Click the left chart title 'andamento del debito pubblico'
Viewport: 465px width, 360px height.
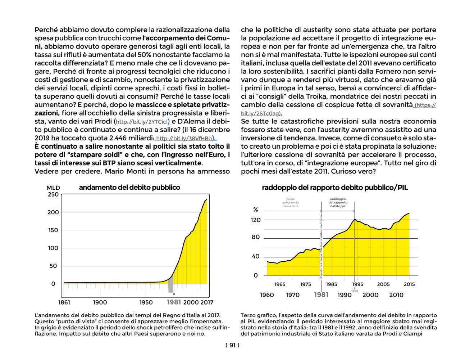click(x=129, y=188)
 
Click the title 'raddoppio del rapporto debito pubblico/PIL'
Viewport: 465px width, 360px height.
click(x=335, y=188)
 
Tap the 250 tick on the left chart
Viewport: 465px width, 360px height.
click(x=53, y=194)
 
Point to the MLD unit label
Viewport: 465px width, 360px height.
click(x=53, y=188)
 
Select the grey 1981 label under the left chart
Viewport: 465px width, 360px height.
click(x=174, y=302)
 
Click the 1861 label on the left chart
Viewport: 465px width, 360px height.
click(x=64, y=302)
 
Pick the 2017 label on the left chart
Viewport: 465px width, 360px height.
click(x=207, y=302)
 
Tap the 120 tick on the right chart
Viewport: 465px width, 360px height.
click(x=255, y=220)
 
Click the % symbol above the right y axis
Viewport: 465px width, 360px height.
click(x=256, y=210)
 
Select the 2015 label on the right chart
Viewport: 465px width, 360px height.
click(x=409, y=284)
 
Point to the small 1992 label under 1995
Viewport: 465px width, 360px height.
click(x=355, y=291)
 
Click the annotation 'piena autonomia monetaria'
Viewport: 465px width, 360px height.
click(x=290, y=203)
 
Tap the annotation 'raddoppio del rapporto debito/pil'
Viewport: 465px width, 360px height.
click(x=338, y=203)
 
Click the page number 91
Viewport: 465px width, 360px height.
click(x=232, y=345)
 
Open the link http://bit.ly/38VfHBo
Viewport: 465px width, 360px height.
click(x=184, y=138)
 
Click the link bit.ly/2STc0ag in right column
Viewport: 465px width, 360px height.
click(x=260, y=113)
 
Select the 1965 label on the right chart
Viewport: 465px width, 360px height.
click(x=279, y=284)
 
